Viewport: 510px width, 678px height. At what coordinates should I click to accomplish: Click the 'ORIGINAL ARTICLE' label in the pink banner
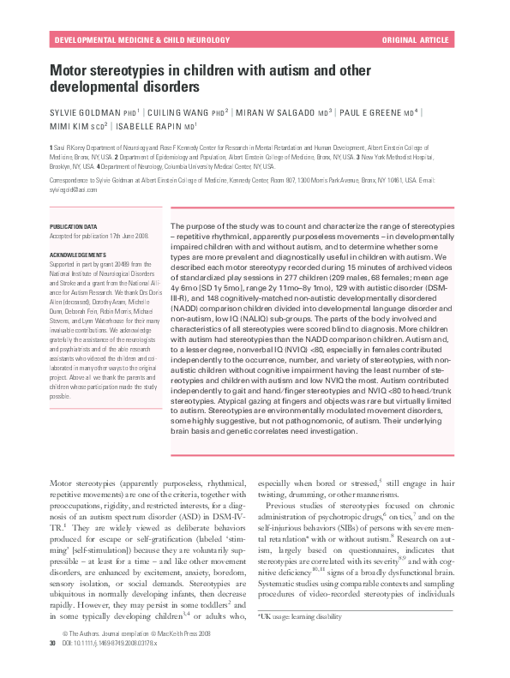[415, 39]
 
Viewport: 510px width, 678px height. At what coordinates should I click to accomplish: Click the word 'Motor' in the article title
[69, 71]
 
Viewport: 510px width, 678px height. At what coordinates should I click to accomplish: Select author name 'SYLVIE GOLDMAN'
[83, 113]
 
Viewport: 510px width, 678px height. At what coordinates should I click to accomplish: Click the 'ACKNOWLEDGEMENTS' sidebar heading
[77, 255]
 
